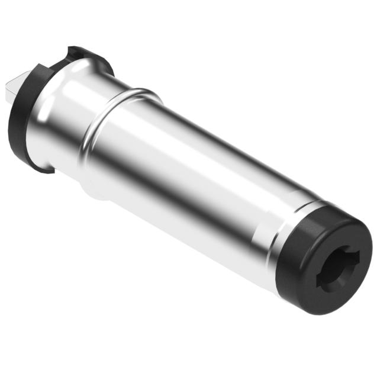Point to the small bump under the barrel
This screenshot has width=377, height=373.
pos(95,193)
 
